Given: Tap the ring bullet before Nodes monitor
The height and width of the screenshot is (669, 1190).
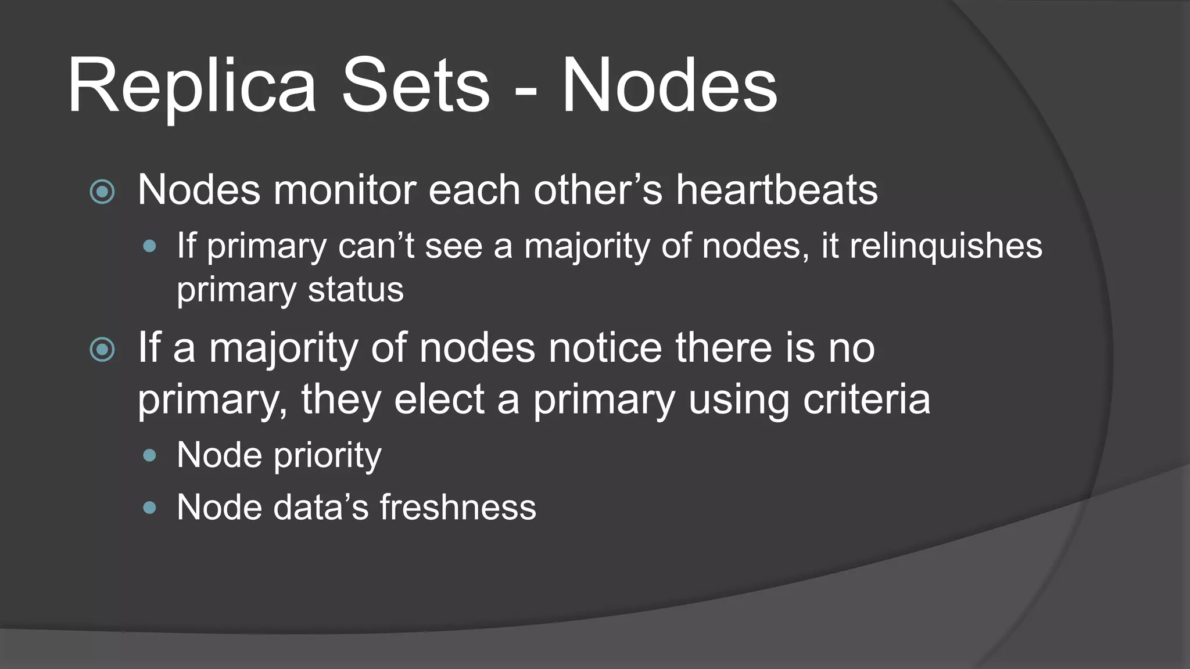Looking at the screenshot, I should point(103,192).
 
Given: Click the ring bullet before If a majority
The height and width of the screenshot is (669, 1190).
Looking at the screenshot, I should point(103,350).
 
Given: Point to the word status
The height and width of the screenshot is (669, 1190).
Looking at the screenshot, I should point(356,290).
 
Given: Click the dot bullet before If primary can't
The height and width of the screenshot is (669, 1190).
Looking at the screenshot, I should point(150,247).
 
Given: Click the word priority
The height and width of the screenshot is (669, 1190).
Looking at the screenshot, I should point(328,455).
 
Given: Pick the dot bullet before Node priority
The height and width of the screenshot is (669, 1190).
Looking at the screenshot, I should point(150,456).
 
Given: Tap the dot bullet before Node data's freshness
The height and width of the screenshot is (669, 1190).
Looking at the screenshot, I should point(150,508).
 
